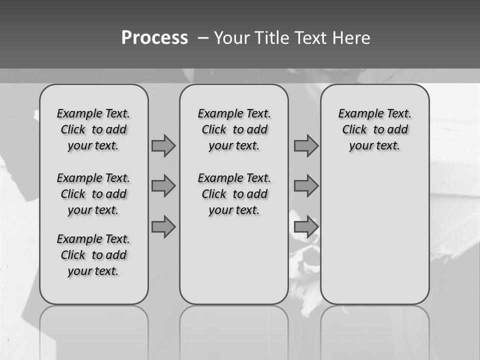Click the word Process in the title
pyautogui.click(x=154, y=38)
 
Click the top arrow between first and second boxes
pyautogui.click(x=163, y=145)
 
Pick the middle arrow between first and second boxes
pyautogui.click(x=163, y=186)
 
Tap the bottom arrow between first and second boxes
pyautogui.click(x=163, y=227)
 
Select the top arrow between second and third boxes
pyautogui.click(x=306, y=145)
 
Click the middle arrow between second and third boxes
pyautogui.click(x=306, y=186)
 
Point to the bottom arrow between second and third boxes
pyautogui.click(x=306, y=227)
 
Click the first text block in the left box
pyautogui.click(x=93, y=129)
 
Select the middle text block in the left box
pyautogui.click(x=93, y=194)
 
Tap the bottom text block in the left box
pyautogui.click(x=93, y=255)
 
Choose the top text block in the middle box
pyautogui.click(x=234, y=129)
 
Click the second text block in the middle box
pyautogui.click(x=234, y=194)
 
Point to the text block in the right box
pyautogui.click(x=374, y=129)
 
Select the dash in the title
pyautogui.click(x=203, y=38)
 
